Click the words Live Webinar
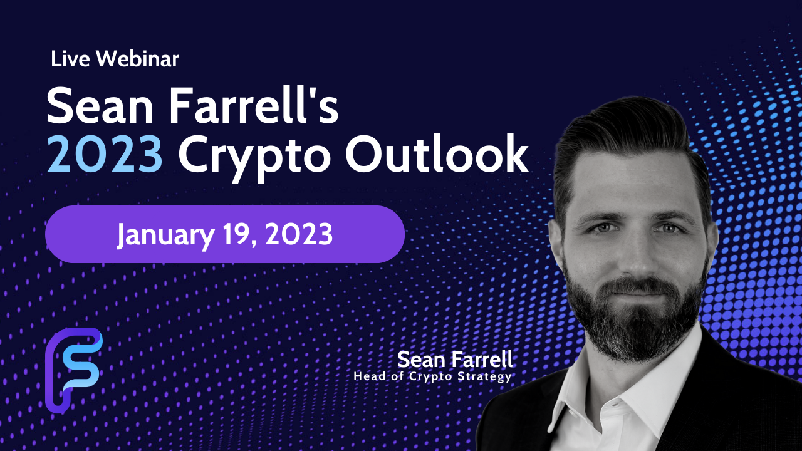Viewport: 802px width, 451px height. point(115,59)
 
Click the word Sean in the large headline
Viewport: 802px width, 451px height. point(100,106)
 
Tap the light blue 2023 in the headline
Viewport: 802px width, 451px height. point(105,154)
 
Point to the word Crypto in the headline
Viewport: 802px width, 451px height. point(254,157)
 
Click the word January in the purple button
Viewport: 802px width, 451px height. point(166,236)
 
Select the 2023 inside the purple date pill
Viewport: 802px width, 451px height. point(299,234)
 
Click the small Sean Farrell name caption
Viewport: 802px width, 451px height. point(455,360)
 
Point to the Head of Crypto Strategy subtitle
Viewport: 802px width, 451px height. point(433,376)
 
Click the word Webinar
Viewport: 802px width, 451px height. point(137,59)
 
